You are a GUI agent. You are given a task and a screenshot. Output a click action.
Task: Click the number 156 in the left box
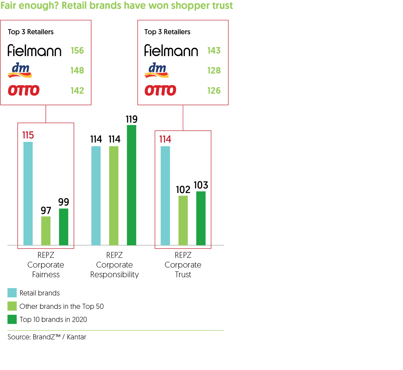click(77, 51)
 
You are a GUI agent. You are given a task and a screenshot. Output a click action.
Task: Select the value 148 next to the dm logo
click(77, 70)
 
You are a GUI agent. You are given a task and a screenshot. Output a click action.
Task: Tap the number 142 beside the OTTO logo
click(77, 91)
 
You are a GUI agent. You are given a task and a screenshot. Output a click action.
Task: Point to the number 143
click(214, 51)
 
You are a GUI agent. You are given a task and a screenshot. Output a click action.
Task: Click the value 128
click(214, 70)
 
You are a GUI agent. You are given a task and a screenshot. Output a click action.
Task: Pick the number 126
click(214, 91)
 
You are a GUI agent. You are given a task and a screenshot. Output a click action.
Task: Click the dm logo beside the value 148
click(20, 70)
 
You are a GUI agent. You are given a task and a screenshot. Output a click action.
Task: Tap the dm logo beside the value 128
click(157, 70)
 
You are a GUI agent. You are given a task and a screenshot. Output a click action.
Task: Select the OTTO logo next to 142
click(24, 90)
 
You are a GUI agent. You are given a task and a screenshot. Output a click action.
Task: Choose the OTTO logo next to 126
click(160, 90)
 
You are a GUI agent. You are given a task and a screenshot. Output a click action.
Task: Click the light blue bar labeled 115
click(28, 193)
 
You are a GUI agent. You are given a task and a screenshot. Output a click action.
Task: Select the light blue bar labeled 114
click(165, 195)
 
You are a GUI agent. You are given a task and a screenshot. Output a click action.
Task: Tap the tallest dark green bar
click(131, 185)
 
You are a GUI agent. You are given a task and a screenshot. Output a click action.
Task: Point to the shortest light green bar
click(46, 231)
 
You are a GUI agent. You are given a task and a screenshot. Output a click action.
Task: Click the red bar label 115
click(28, 135)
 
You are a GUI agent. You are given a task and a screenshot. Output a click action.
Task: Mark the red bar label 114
click(165, 139)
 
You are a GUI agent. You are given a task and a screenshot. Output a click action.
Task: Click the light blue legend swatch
click(12, 293)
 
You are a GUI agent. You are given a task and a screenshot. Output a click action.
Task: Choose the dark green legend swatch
click(12, 319)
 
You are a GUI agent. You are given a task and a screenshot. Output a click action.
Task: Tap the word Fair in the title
click(8, 6)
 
